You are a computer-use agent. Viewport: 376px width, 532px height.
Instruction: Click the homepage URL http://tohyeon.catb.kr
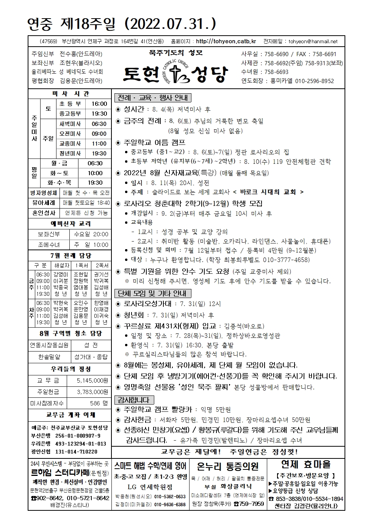[x=226, y=41]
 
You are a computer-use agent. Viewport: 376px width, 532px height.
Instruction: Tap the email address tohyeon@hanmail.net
[x=313, y=41]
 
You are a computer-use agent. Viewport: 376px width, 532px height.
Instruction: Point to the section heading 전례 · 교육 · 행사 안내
[x=153, y=98]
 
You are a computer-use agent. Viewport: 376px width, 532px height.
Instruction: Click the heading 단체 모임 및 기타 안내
[x=152, y=293]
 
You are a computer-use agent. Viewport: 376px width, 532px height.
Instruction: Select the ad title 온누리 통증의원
[x=228, y=466]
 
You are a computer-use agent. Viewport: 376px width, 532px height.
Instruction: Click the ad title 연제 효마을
[x=305, y=464]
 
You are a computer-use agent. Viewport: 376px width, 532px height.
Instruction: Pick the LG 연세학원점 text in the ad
[x=149, y=487]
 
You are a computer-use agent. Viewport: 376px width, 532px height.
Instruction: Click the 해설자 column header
[x=61, y=265]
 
